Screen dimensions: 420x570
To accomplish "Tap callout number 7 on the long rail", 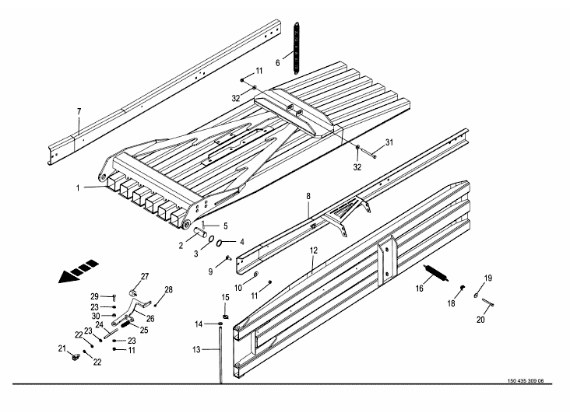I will click(x=79, y=112).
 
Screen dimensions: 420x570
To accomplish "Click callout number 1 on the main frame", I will click(x=78, y=187).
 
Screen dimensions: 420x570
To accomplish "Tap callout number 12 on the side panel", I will click(x=313, y=250).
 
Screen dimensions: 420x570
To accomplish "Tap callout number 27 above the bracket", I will click(x=144, y=276).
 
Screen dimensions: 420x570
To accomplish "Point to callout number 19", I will click(x=488, y=278).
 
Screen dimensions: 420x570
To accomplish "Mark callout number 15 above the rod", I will click(x=225, y=297).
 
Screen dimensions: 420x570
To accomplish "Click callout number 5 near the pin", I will click(x=225, y=226).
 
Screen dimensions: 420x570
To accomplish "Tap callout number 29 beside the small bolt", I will click(x=94, y=296).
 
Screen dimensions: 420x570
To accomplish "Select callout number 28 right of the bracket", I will click(x=167, y=289).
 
